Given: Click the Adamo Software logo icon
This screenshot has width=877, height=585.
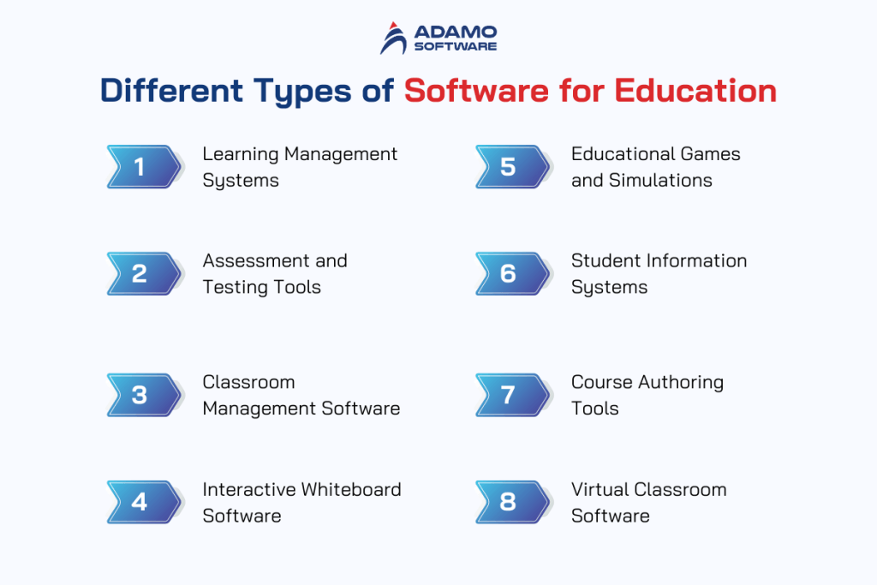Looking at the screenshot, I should click(395, 39).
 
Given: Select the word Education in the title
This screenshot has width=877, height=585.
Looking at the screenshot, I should click(705, 91).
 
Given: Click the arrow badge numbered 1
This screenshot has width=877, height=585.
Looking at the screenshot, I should click(144, 166).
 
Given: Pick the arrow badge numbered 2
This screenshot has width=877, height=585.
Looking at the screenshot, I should click(144, 273).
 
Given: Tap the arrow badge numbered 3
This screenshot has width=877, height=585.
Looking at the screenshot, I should click(144, 395).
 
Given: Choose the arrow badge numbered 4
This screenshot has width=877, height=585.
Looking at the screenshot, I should click(144, 502).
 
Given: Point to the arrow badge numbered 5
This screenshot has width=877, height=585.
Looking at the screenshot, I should click(512, 166).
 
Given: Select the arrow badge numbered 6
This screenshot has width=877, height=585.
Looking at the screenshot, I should click(512, 273).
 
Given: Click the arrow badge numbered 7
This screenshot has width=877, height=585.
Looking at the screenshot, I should click(512, 395).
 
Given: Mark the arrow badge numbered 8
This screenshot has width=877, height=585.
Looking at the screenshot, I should click(512, 502).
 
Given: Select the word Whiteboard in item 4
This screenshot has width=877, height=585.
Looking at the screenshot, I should click(351, 490).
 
